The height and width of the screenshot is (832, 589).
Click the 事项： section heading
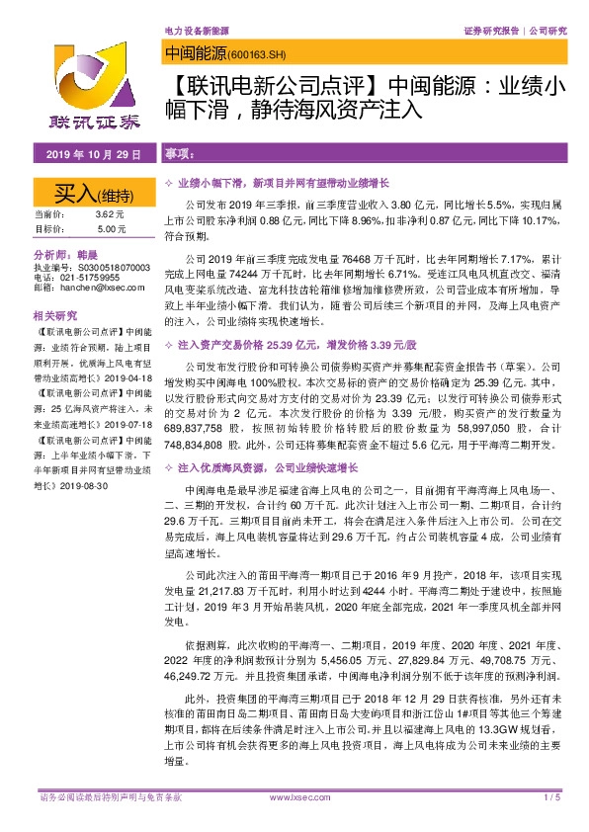point(178,156)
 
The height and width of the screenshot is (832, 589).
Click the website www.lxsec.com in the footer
point(294,796)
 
